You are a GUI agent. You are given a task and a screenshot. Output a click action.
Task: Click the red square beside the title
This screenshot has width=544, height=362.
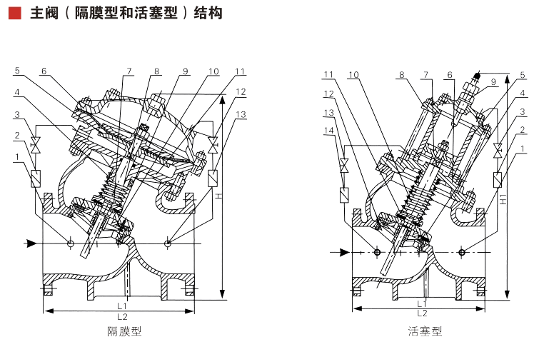(x=14, y=13)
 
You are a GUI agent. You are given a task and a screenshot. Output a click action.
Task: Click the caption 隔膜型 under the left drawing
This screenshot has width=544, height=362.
(x=124, y=331)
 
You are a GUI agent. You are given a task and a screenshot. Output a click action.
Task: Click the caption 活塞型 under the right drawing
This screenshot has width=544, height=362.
(x=425, y=331)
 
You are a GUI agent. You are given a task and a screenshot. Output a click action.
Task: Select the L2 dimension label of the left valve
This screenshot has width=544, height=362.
(x=123, y=316)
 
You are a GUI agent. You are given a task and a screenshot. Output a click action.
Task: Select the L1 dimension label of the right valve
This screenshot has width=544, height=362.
(x=422, y=303)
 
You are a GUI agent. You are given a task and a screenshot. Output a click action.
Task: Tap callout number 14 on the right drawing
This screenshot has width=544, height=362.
(x=328, y=131)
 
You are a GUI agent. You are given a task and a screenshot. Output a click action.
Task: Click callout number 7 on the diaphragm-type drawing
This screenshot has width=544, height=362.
(x=130, y=71)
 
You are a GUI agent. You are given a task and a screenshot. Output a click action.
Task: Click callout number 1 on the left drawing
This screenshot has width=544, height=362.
(x=16, y=156)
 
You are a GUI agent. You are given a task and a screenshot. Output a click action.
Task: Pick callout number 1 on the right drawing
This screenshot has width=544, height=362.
(x=523, y=149)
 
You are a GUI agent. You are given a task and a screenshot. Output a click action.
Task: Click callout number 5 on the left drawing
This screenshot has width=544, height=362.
(x=16, y=71)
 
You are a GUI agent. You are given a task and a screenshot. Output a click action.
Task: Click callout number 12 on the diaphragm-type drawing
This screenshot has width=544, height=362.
(x=241, y=93)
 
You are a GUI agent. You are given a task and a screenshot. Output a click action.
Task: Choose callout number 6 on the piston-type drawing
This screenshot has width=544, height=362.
(x=450, y=75)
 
